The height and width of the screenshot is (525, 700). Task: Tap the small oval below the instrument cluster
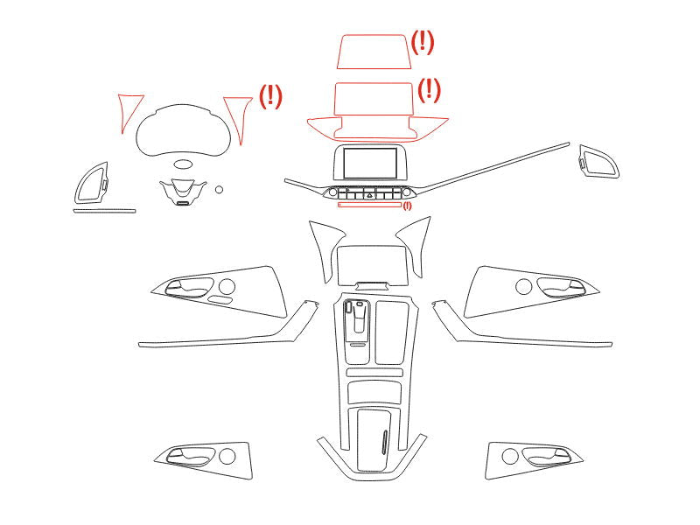pos(183,164)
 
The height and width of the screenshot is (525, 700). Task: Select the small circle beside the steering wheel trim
pos(219,190)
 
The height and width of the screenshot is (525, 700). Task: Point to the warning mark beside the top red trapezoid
pos(422,42)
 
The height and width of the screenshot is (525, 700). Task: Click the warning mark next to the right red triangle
pos(271,96)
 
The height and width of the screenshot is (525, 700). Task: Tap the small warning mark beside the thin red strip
pos(407,206)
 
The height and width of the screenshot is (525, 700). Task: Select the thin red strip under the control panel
pos(369,205)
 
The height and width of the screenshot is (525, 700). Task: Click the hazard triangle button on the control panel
pos(369,193)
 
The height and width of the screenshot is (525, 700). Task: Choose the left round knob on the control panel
pos(332,192)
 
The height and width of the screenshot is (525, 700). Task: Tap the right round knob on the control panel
pos(406,192)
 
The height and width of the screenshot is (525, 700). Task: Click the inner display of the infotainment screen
pos(370,164)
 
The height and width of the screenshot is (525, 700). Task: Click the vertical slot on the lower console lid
pos(384,442)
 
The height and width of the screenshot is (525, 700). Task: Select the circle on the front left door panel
pos(227,286)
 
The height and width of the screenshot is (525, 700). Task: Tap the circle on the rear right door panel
pos(510,456)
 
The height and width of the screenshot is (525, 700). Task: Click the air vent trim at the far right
pos(598,161)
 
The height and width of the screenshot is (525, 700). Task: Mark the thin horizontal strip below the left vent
pos(104,211)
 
